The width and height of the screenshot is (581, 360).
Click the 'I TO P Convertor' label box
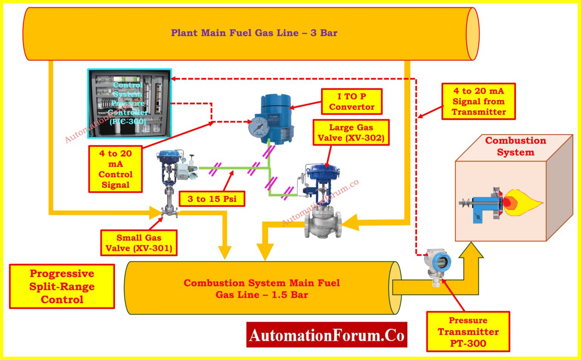(x=351, y=102)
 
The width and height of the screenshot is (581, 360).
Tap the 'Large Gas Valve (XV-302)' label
(x=351, y=133)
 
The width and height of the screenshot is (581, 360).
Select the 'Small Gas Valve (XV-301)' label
(x=139, y=243)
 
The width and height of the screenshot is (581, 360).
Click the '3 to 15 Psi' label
(x=212, y=199)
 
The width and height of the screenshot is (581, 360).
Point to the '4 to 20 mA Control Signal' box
(x=115, y=169)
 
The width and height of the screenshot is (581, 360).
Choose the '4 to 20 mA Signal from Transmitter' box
(x=478, y=101)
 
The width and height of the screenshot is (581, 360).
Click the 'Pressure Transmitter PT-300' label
(x=468, y=332)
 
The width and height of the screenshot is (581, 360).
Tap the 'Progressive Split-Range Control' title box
(x=62, y=286)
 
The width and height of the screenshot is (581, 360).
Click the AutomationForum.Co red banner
(x=326, y=335)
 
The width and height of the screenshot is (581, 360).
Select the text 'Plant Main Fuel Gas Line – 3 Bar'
(x=254, y=33)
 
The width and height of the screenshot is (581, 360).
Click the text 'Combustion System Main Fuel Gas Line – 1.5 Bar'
(x=261, y=289)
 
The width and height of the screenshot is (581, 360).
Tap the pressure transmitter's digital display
(x=441, y=261)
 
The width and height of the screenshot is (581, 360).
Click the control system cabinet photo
(x=129, y=103)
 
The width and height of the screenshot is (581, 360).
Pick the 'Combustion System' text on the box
(x=516, y=146)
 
